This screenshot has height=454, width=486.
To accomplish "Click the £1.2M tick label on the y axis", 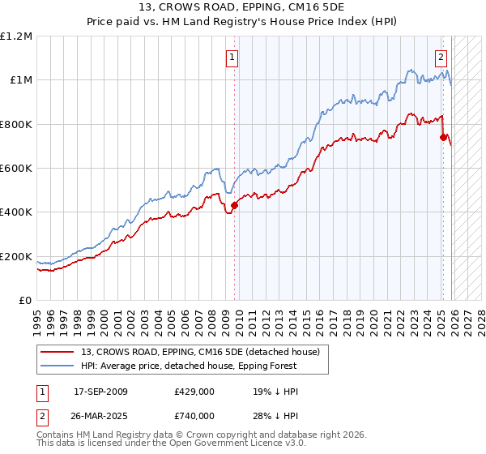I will tap(17, 36).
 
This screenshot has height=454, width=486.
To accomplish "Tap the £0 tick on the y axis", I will tap(25, 300).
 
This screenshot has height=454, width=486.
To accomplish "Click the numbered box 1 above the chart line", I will tap(232, 57).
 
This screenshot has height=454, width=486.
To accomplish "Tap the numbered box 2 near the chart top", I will tap(441, 57).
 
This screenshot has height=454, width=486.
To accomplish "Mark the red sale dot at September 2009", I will tap(234, 205).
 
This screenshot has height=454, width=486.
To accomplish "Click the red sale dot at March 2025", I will tap(443, 137).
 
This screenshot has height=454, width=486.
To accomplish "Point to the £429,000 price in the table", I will tap(194, 392).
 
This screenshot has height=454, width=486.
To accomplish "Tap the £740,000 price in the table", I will tap(194, 415).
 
